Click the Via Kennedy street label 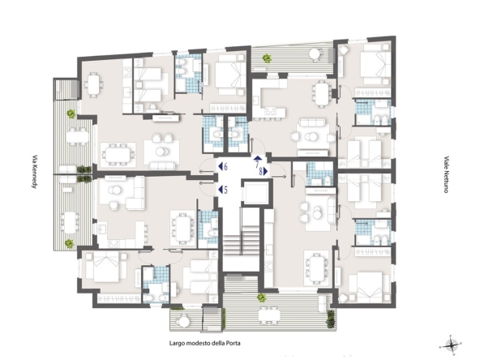click(x=35, y=171)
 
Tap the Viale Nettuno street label click(x=446, y=174)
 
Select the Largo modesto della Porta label click(x=205, y=343)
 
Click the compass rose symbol click(x=450, y=345)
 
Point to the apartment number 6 click(x=225, y=167)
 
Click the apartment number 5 click(x=225, y=190)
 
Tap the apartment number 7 click(x=257, y=165)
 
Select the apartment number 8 click(x=261, y=172)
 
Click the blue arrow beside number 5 click(x=221, y=190)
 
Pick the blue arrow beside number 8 click(x=266, y=172)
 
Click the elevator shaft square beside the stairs click(x=256, y=194)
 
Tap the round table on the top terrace click(x=315, y=54)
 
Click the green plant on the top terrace click(x=268, y=58)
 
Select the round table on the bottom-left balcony click(x=184, y=322)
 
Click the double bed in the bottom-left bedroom click(x=106, y=267)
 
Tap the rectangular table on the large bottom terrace click(x=268, y=315)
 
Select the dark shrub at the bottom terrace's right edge click(x=331, y=319)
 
